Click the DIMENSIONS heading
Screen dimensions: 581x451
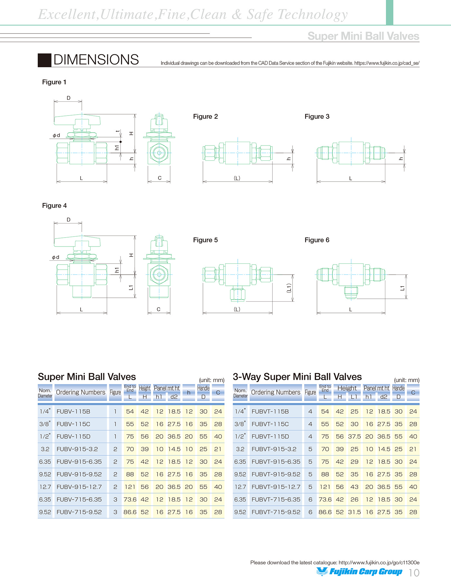point(96,60)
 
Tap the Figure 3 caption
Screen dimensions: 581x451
point(317,117)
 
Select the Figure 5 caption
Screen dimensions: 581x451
point(205,240)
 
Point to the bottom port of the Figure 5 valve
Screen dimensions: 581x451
point(238,295)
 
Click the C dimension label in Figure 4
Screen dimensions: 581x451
point(158,309)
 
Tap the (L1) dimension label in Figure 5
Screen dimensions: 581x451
point(289,288)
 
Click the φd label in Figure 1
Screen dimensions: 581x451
point(56,136)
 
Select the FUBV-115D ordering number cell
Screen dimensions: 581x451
point(73,437)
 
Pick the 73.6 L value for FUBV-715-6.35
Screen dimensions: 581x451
point(130,500)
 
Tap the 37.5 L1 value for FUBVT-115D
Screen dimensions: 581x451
point(354,437)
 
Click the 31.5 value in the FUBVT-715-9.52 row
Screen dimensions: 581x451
point(354,512)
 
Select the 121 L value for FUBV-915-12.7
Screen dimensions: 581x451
point(130,487)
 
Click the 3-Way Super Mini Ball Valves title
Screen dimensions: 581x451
point(297,377)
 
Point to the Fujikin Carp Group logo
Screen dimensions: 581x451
point(359,572)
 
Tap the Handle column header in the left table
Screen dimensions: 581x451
point(203,389)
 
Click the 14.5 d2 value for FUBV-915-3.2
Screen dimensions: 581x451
point(174,449)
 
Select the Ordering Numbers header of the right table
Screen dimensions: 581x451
point(276,392)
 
